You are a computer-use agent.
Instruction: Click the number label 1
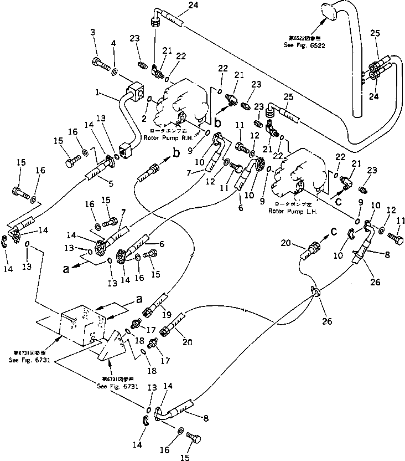tap(97, 95)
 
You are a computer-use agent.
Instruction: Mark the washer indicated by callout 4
tap(114, 72)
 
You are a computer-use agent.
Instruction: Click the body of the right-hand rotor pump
tap(180, 103)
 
